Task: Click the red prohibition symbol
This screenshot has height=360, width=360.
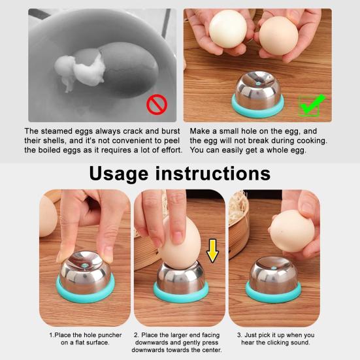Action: (x=156, y=103)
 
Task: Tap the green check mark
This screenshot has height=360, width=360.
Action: (x=311, y=104)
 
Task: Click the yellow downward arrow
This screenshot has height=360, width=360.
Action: (x=212, y=249)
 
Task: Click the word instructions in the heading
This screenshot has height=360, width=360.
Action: (x=220, y=173)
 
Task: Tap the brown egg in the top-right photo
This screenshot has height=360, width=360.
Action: (x=280, y=37)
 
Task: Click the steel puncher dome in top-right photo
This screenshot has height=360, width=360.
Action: (x=259, y=91)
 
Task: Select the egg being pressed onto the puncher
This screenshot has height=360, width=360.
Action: (x=181, y=239)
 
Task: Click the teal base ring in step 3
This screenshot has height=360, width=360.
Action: (x=274, y=291)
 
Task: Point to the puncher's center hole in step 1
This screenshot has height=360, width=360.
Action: (x=87, y=263)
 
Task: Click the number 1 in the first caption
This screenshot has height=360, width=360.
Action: (x=51, y=335)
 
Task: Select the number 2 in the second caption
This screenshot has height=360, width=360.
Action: (x=135, y=335)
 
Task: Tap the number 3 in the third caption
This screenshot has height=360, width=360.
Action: (x=239, y=335)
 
